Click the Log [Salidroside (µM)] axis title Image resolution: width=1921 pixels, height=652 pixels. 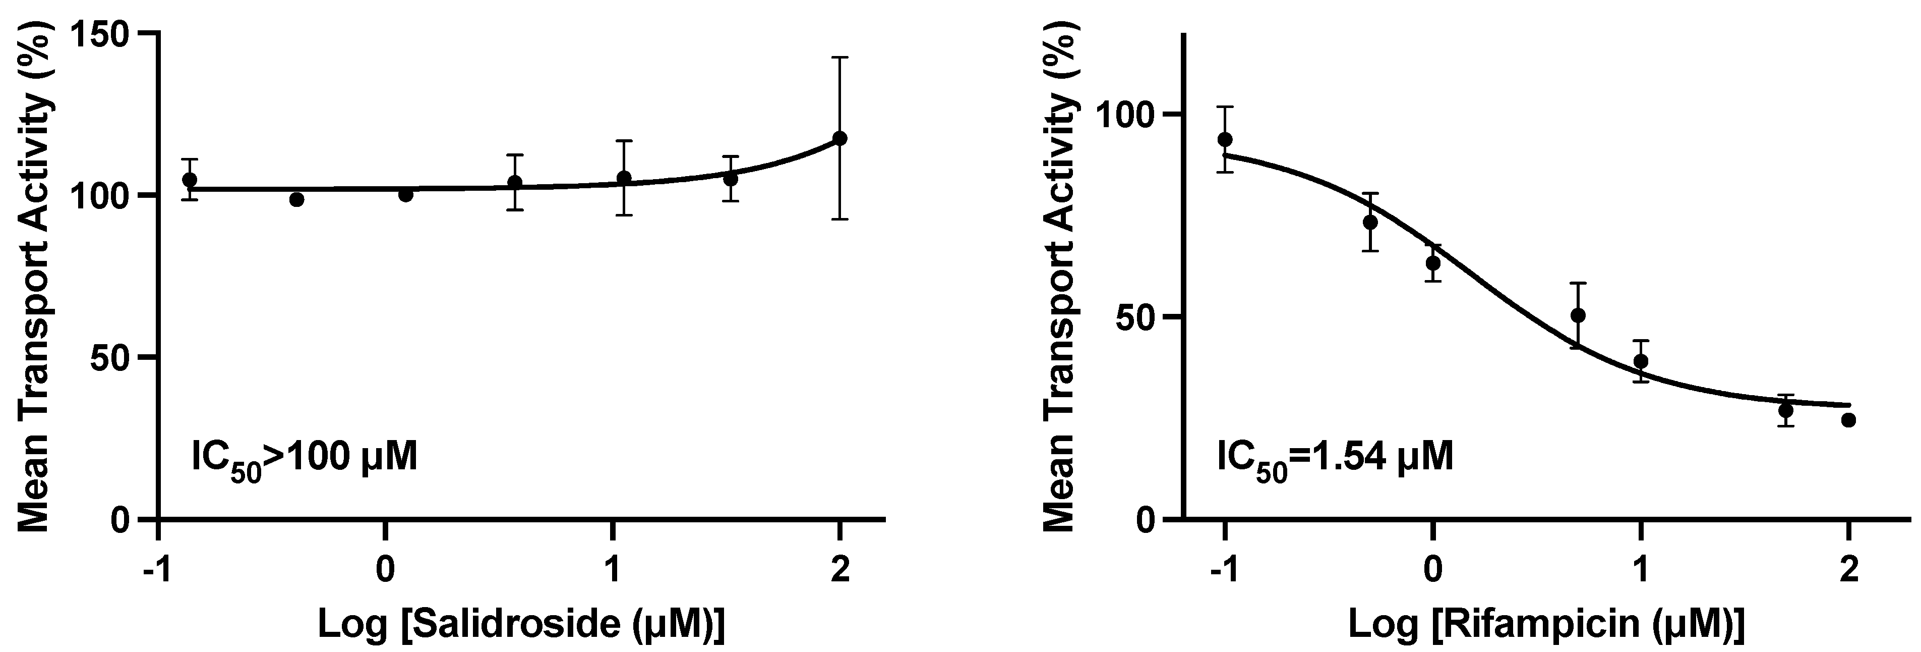[x=521, y=624]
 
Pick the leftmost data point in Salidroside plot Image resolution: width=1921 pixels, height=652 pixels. [x=190, y=180]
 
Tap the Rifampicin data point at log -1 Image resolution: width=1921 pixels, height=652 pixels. [x=1225, y=139]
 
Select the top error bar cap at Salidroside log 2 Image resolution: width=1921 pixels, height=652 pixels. [x=839, y=57]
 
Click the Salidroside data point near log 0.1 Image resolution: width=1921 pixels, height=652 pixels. [x=406, y=195]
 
